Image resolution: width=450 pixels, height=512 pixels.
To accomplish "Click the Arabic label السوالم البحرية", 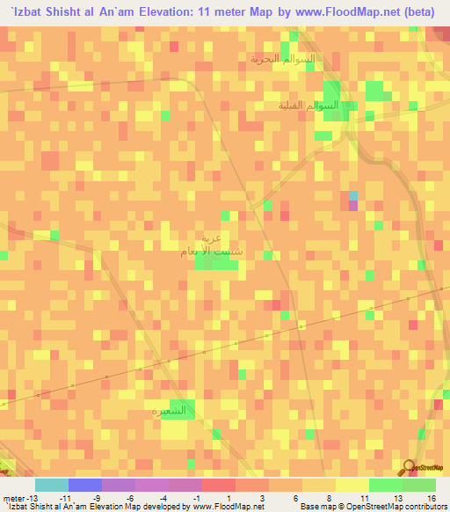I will tap(281, 59).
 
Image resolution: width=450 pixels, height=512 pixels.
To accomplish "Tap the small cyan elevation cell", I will tap(353, 195).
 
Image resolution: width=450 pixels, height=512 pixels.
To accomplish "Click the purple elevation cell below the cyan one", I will tap(353, 206).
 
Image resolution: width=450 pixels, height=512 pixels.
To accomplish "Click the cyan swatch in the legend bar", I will tap(52, 485).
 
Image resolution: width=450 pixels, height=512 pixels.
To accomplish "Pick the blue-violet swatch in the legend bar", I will tap(85, 485).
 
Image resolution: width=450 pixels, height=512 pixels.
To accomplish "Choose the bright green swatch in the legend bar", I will tap(386, 485).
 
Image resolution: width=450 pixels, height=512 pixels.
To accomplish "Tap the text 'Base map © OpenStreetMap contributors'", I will tap(372, 507).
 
